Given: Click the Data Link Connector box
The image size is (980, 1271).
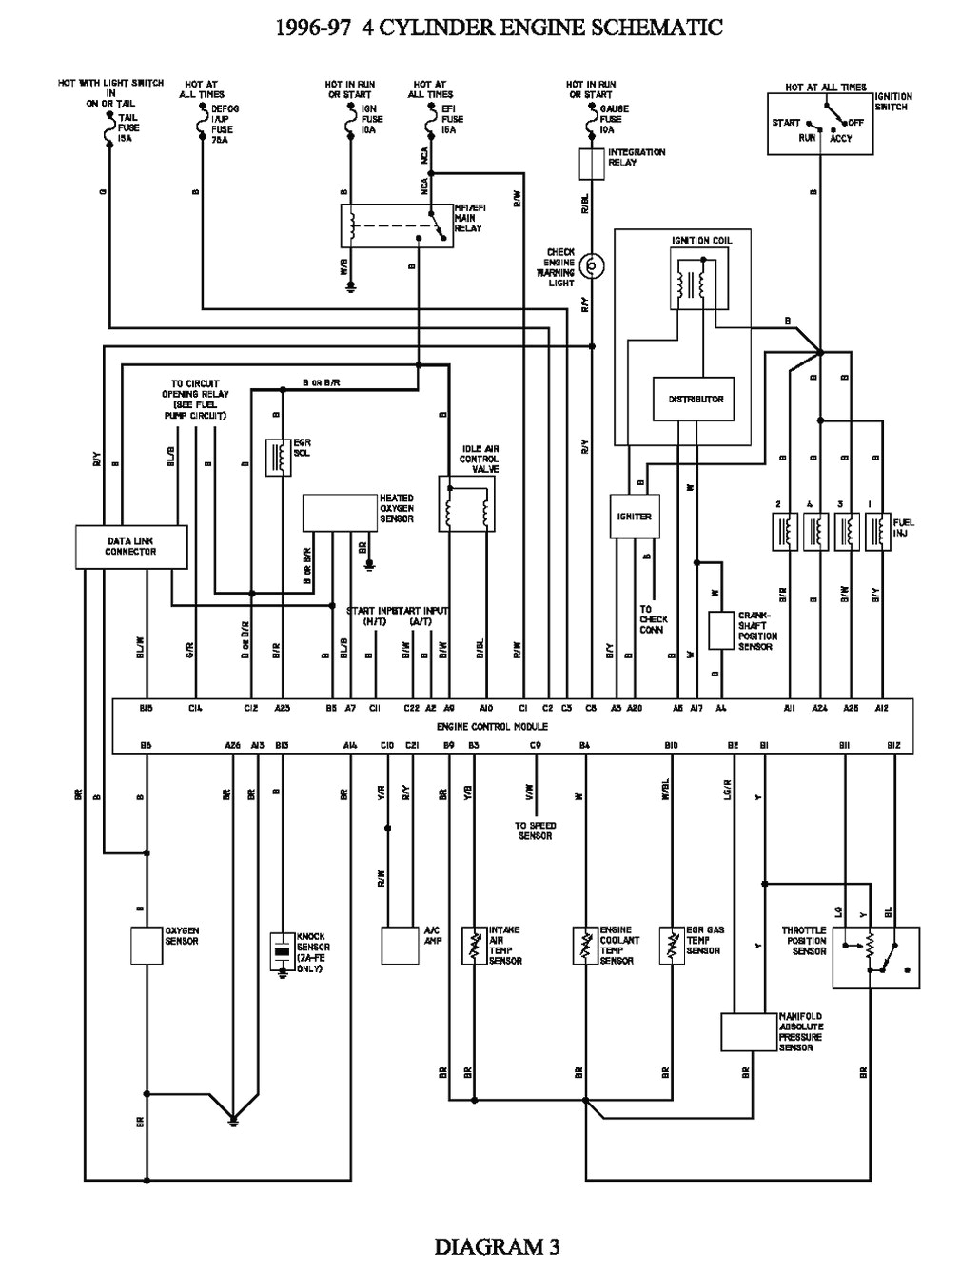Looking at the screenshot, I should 131,547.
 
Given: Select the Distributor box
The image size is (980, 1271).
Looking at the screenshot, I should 702,399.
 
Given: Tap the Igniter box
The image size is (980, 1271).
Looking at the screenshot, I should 635,517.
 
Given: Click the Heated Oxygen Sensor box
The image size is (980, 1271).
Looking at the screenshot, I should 340,513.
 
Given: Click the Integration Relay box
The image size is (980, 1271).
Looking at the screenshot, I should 593,163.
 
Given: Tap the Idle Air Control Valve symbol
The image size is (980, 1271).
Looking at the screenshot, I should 466,503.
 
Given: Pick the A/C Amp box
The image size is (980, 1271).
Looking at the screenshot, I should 400,946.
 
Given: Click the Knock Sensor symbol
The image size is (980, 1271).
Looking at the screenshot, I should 282,950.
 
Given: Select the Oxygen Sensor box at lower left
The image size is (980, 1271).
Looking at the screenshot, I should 147,945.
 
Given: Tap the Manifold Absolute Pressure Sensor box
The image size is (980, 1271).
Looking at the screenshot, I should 749,1031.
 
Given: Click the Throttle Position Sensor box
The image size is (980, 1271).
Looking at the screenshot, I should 875,957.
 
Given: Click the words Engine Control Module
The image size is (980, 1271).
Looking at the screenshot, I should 492,727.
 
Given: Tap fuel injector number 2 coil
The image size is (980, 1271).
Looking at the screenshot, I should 787,531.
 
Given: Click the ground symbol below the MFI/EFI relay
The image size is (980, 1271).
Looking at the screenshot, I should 351,284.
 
